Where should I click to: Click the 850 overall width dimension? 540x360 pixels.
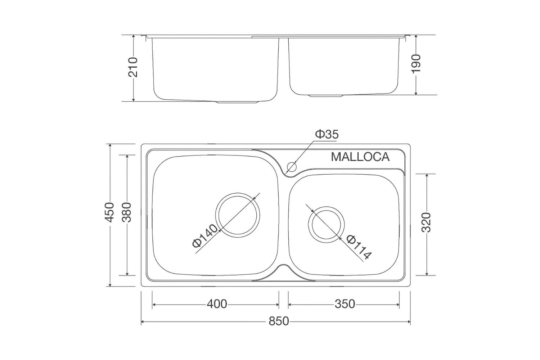(278, 321)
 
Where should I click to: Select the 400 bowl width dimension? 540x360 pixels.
(217, 304)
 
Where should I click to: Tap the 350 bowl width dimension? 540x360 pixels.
(345, 304)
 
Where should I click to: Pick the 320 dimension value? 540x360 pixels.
(426, 223)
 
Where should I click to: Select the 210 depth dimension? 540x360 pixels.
(133, 67)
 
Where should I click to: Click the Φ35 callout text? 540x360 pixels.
(327, 134)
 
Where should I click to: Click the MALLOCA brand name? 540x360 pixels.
(360, 157)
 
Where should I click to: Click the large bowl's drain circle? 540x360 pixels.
(238, 215)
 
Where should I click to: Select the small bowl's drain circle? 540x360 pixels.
(326, 224)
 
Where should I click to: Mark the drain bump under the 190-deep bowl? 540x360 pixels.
(327, 96)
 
